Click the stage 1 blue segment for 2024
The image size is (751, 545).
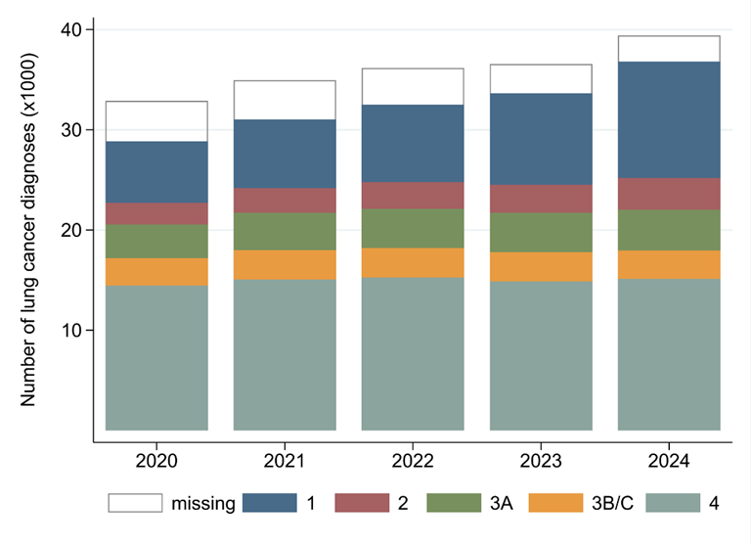[669, 119]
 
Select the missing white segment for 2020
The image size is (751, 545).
[156, 121]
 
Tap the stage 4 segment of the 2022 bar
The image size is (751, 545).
[413, 353]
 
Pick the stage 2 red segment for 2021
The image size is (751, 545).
[285, 201]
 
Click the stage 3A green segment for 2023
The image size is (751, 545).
[541, 233]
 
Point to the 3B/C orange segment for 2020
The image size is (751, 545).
[156, 272]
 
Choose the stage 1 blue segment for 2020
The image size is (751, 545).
[156, 172]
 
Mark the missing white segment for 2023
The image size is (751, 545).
[541, 79]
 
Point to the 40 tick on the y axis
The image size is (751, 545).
[69, 30]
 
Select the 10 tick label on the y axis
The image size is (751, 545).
[69, 331]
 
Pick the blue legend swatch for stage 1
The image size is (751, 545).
[270, 504]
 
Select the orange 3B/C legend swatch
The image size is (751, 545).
[556, 504]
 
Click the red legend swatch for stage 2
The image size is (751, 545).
[363, 504]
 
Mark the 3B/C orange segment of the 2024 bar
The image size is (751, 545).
[669, 265]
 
